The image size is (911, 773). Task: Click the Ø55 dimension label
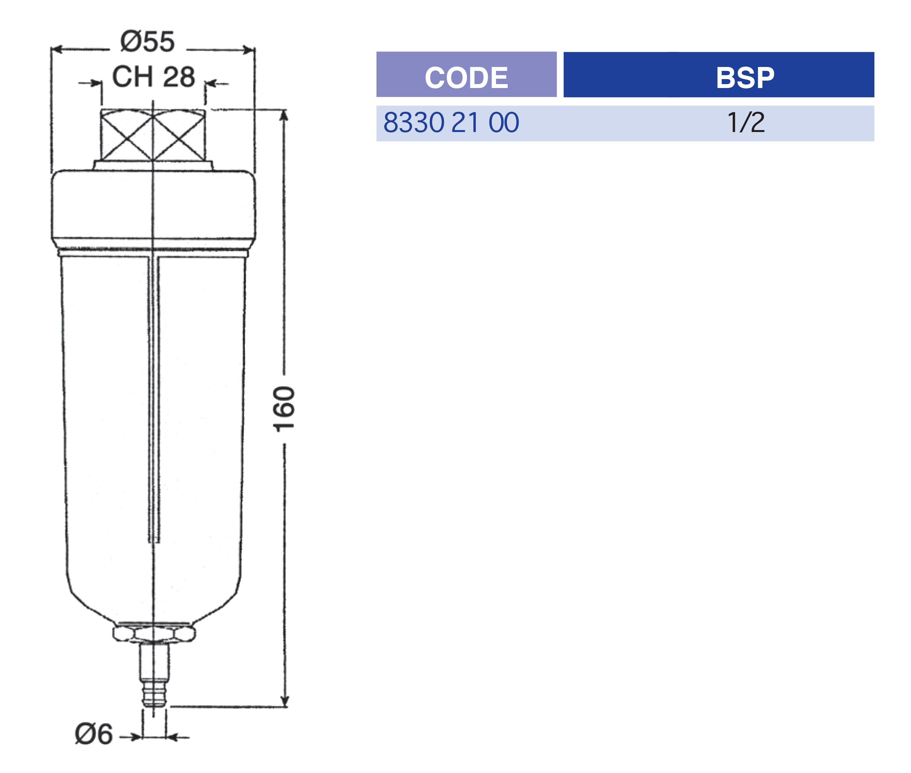click(x=148, y=42)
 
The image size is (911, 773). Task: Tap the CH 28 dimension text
click(x=153, y=77)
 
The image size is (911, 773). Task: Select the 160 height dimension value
click(x=284, y=409)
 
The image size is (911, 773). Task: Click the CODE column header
click(x=466, y=77)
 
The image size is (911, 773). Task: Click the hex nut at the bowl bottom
click(x=154, y=634)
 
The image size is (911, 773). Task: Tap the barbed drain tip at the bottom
click(x=154, y=692)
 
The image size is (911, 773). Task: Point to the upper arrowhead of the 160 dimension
click(x=284, y=115)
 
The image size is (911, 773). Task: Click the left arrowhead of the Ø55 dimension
click(x=57, y=49)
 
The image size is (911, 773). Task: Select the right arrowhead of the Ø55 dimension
click(x=249, y=49)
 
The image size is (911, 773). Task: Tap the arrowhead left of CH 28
click(x=97, y=83)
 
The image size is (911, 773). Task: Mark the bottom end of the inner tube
click(x=154, y=542)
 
